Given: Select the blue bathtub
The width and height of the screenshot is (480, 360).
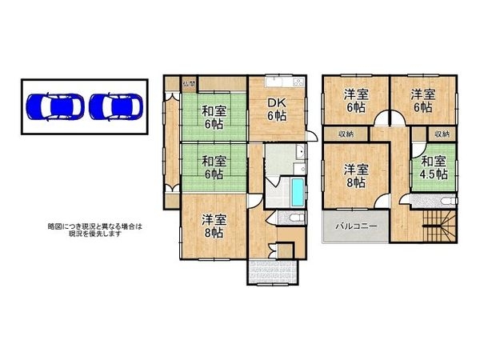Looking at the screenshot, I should (x=298, y=192).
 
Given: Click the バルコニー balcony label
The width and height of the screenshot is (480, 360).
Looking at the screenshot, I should (x=356, y=226).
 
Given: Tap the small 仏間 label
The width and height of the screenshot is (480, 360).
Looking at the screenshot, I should (x=189, y=83).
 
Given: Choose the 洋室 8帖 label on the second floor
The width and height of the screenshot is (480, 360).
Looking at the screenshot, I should (x=356, y=175).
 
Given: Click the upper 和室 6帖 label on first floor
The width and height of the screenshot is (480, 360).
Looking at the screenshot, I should (x=213, y=118).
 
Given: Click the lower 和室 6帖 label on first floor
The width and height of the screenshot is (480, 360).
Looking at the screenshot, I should (x=213, y=168).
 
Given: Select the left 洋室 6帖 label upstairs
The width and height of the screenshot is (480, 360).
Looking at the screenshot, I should (x=356, y=99).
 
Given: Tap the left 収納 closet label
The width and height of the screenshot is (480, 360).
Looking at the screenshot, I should (x=345, y=134).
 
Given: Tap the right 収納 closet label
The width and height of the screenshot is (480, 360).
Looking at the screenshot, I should (x=442, y=134).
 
